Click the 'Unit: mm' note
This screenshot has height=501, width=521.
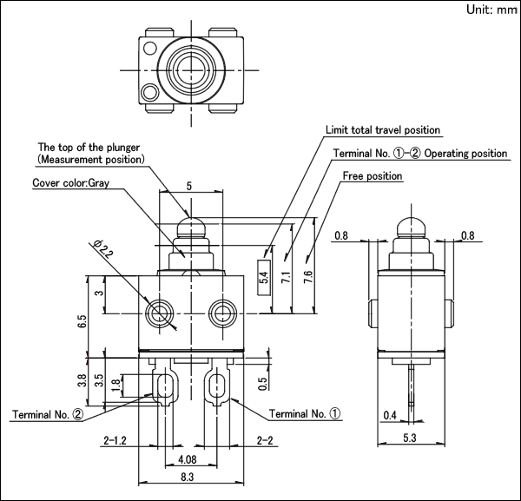click(x=491, y=10)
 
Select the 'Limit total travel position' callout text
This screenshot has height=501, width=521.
click(x=383, y=130)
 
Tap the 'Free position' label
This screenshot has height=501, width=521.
click(x=373, y=175)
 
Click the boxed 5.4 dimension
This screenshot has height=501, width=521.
click(x=264, y=277)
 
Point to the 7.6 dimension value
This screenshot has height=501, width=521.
click(x=308, y=277)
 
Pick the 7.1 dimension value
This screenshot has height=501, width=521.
click(x=286, y=277)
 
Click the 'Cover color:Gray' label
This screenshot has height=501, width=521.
click(x=71, y=182)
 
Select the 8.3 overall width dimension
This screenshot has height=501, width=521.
click(x=187, y=478)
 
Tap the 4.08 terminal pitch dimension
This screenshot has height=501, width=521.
click(x=188, y=460)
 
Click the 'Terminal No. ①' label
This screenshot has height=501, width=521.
click(x=305, y=413)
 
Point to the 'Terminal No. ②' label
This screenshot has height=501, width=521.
click(x=48, y=415)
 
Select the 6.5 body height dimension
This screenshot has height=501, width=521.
click(x=82, y=321)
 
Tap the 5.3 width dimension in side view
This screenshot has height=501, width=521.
click(x=410, y=438)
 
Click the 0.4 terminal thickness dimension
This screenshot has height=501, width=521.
click(x=390, y=415)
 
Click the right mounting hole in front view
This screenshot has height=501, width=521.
click(x=222, y=313)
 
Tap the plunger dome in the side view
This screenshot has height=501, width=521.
click(x=412, y=227)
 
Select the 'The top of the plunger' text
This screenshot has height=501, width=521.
click(x=89, y=148)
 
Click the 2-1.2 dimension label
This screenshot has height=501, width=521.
click(x=115, y=440)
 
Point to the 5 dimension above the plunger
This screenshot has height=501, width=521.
click(x=189, y=187)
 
